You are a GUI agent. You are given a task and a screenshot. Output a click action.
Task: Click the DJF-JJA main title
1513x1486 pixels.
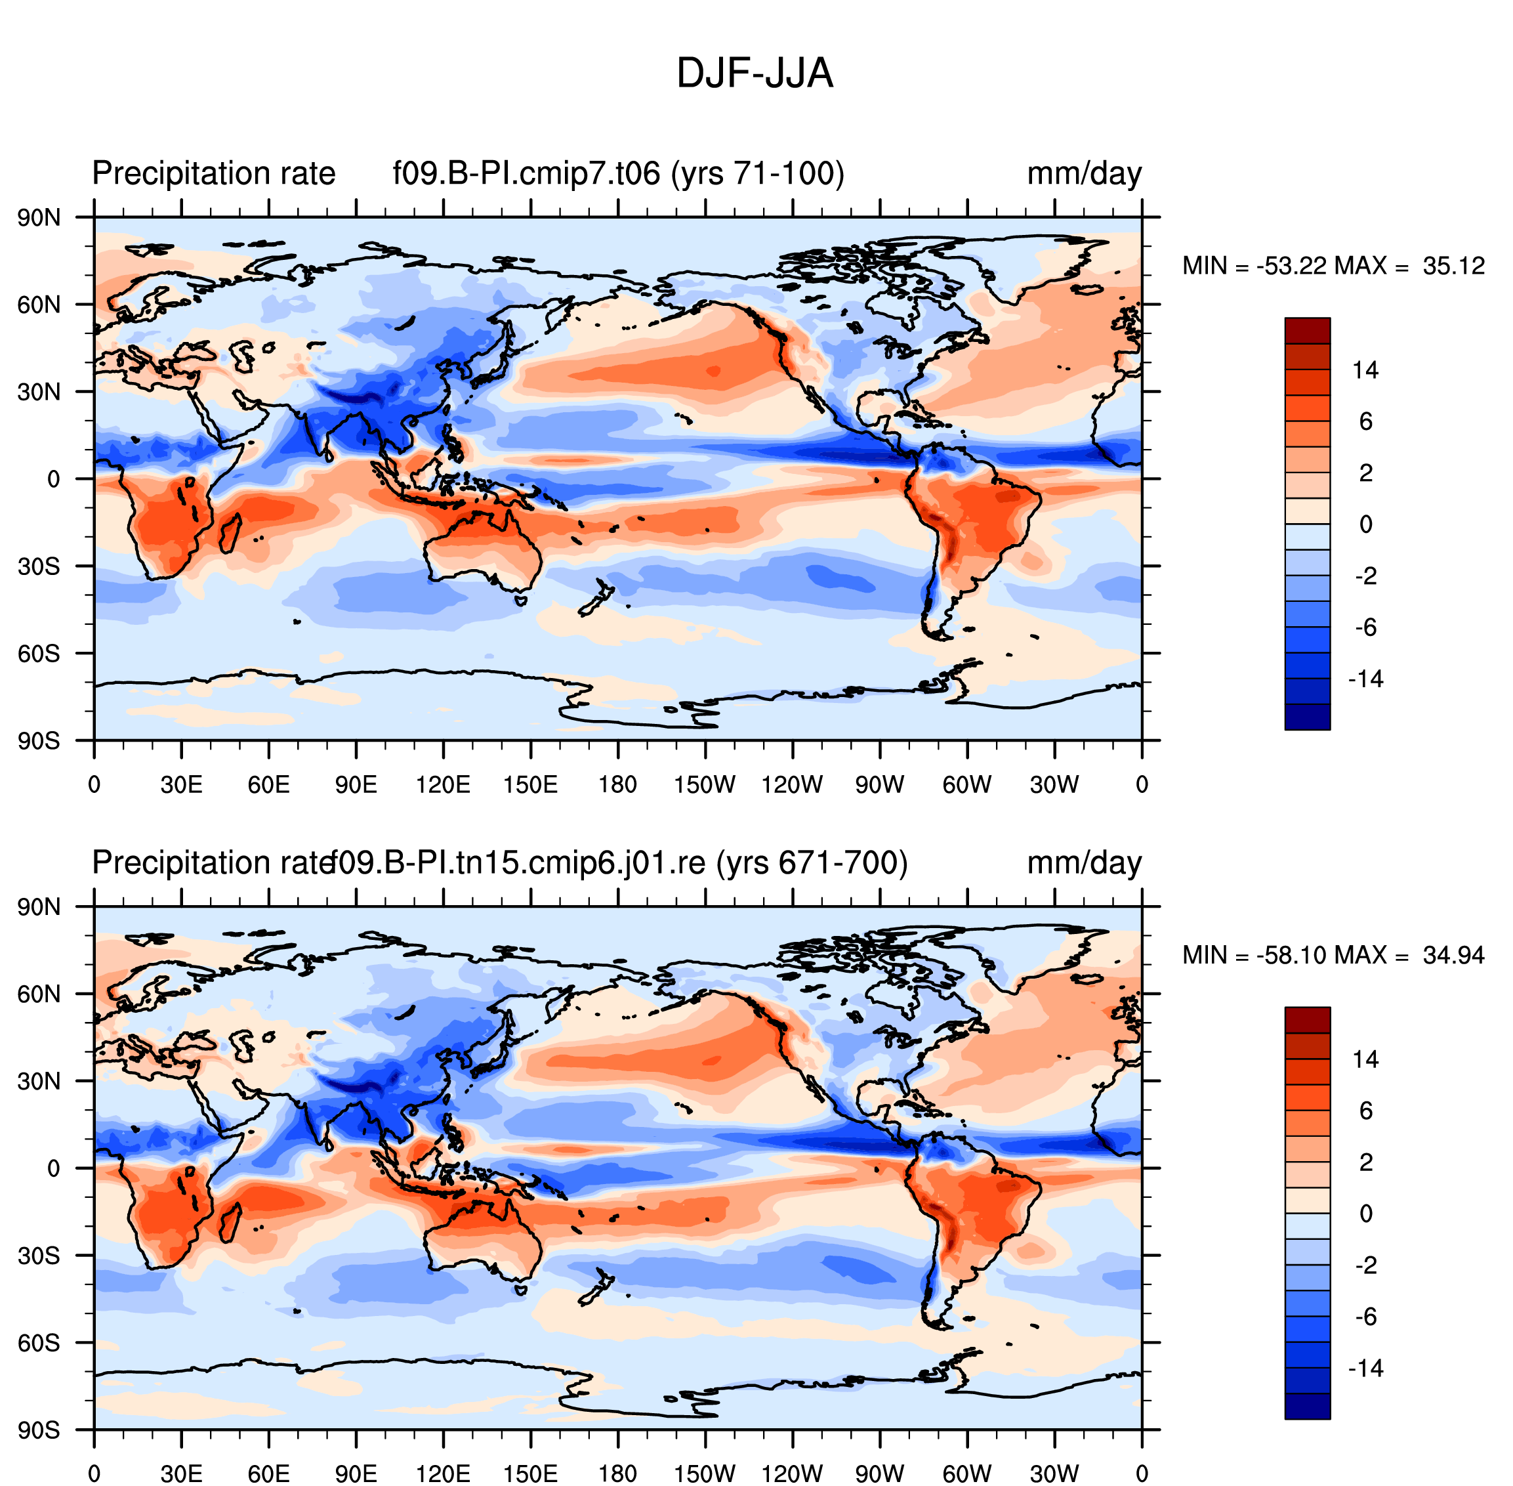(755, 74)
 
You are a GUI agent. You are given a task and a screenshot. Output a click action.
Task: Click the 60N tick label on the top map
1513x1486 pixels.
(39, 305)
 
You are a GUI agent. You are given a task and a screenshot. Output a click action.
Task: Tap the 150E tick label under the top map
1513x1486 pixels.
(531, 784)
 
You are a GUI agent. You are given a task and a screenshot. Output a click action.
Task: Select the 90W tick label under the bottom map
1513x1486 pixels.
(879, 1474)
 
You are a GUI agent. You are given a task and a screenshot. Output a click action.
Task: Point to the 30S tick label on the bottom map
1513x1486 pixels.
(39, 1256)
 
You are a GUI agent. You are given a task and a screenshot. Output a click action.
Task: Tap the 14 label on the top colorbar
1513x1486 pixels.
(1365, 370)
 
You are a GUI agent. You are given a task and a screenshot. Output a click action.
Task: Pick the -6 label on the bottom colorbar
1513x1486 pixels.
(1365, 1317)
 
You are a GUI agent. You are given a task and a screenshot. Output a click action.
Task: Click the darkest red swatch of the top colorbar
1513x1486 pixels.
(1307, 330)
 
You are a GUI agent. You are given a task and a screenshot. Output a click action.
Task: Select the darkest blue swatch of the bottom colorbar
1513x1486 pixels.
(1307, 1406)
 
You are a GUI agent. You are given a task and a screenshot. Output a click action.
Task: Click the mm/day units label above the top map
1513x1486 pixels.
(1084, 174)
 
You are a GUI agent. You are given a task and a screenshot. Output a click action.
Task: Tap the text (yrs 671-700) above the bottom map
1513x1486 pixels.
(812, 863)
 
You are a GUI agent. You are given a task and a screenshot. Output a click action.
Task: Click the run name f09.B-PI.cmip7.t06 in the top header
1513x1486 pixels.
(527, 173)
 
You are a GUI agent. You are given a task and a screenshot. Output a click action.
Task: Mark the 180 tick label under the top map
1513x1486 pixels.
(618, 784)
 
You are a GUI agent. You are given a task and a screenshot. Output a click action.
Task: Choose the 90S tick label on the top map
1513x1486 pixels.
(39, 740)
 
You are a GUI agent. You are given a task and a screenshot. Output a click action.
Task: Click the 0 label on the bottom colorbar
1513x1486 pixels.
(1365, 1214)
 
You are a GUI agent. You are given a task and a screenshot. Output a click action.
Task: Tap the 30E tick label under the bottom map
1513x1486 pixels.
(181, 1474)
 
